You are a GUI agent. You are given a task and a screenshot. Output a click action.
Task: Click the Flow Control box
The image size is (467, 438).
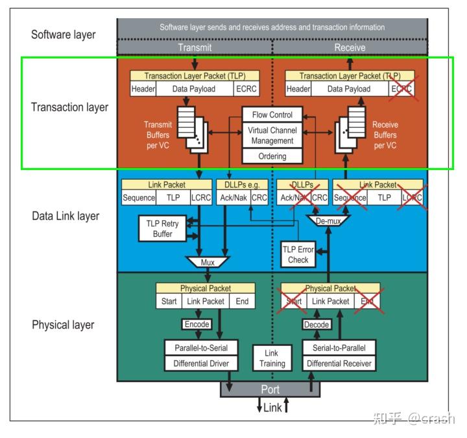pos(272,115)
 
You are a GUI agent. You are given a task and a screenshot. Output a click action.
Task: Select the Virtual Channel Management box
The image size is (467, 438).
pos(272,135)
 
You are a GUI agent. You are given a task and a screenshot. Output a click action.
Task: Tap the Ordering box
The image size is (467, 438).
pos(272,156)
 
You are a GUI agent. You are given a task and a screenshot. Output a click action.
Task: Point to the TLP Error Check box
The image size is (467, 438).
pos(298,254)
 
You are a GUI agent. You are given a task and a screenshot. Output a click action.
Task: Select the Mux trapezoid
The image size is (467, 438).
pos(207,263)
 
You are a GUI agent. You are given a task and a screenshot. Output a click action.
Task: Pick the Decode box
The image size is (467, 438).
pos(317,324)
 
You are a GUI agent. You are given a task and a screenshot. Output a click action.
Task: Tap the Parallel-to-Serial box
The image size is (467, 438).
pos(200,348)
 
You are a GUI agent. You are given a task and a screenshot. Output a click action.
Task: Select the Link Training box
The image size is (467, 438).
pos(272,358)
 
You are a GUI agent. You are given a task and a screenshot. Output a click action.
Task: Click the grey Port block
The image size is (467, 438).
pos(270,390)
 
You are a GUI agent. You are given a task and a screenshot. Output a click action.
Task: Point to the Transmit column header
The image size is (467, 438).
pos(194,47)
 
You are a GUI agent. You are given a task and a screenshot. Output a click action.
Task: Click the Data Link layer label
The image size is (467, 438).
pos(66,216)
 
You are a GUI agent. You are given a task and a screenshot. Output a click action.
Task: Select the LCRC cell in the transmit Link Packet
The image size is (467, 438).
pos(200,198)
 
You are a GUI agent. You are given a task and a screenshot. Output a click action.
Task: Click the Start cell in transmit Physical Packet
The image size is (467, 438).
pos(169,301)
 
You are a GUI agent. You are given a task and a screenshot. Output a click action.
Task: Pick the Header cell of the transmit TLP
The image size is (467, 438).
pos(143,89)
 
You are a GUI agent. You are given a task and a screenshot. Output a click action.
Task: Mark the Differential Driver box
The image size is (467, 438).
pos(200,363)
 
